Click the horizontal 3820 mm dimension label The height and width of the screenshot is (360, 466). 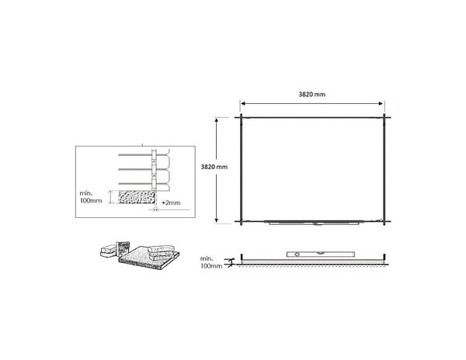tap(311, 95)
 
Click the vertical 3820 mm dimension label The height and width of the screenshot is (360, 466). tap(214, 167)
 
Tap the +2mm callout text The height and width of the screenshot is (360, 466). tap(171, 203)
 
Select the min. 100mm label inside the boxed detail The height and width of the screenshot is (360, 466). tap(91, 197)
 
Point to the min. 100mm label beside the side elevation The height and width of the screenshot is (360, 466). tap(211, 262)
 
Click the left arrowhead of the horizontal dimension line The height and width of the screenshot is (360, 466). tap(242, 104)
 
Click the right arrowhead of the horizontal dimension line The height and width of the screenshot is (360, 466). tap(381, 104)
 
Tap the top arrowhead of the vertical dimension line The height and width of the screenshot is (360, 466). tap(217, 120)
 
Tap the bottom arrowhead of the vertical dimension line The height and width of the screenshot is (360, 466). tap(217, 220)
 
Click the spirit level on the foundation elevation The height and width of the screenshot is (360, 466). tap(320, 254)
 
